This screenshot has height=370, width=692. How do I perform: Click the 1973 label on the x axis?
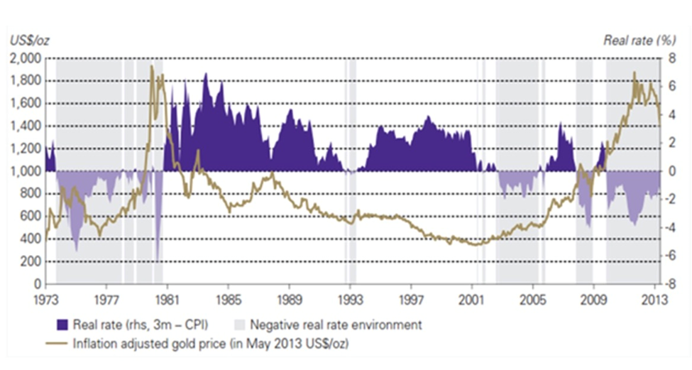45,298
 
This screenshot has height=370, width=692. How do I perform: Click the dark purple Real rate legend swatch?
62,325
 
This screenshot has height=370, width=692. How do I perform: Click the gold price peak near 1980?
151,66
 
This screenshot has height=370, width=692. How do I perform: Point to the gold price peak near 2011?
634,72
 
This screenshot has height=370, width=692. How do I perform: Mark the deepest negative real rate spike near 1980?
157,261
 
